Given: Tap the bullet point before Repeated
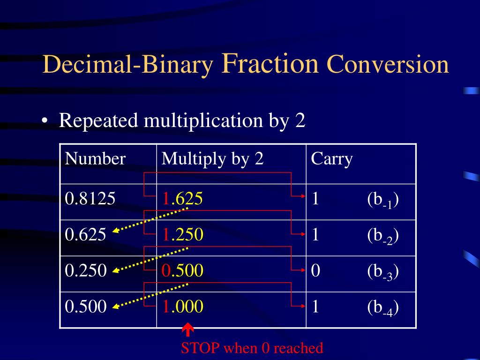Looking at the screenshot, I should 44,121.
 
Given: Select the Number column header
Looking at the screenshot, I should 96,159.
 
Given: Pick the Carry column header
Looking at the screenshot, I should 331,159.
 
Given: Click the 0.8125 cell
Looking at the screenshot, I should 90,199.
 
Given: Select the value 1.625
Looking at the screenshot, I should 183,199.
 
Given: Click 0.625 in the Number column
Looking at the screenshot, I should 86,234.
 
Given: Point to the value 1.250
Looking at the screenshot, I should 183,234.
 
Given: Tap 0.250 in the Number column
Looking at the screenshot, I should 86,270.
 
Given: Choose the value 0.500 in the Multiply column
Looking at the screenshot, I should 183,270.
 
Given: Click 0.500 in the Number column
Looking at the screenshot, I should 86,307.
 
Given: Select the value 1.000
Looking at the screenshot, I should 183,307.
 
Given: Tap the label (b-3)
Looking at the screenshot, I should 383,271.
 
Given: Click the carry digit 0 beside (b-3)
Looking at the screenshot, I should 315,270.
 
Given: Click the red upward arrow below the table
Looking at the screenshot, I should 188,330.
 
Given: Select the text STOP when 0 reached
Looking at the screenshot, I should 252,348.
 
